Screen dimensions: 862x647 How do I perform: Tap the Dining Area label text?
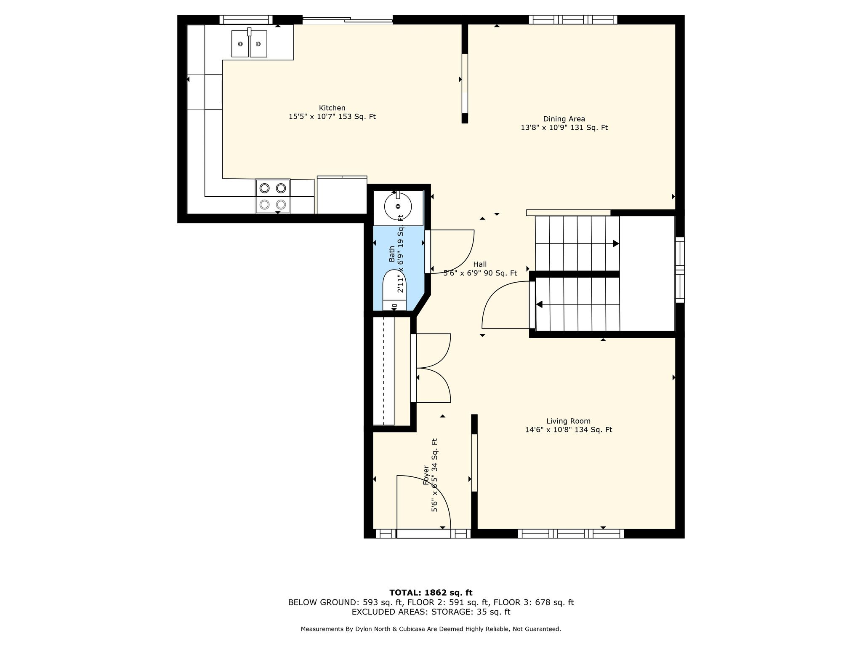[564, 119]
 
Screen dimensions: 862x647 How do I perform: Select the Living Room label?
[568, 421]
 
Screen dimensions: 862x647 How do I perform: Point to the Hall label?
[480, 265]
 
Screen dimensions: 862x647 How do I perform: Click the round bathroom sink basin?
[398, 206]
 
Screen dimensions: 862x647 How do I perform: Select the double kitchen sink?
[249, 43]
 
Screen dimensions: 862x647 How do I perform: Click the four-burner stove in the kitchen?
[273, 196]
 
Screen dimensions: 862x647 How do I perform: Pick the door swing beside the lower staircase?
[505, 305]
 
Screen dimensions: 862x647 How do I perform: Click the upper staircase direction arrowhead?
[616, 243]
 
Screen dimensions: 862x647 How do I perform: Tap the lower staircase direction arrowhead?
[539, 305]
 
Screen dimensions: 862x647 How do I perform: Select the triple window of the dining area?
[573, 19]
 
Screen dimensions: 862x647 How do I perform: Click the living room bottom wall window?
[570, 534]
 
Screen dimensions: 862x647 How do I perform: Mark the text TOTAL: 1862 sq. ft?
[431, 593]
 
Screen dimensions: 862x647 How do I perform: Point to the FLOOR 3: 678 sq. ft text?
[534, 602]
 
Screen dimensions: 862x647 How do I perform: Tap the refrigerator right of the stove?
[342, 195]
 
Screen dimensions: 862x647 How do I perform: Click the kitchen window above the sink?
[246, 19]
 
